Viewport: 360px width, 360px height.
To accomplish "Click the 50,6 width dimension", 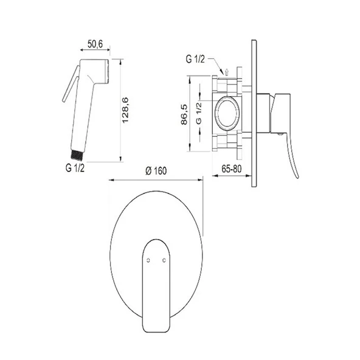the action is coord(95,44).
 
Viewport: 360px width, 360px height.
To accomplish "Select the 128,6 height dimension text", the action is coord(125,111).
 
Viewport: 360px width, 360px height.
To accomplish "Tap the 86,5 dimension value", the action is coord(184,114).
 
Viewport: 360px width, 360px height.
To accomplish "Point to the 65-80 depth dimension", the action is coord(232,169).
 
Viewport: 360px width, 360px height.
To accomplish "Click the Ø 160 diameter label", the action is coord(156,171).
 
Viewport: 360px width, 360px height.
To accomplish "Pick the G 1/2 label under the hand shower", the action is coord(75,168).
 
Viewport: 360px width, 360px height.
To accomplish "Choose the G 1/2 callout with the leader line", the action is coord(195,59).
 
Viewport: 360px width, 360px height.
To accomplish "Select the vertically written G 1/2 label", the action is coord(199,113).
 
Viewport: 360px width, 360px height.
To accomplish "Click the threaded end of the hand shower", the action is coord(77,154).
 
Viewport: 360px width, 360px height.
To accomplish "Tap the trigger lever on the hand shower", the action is coord(71,84).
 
